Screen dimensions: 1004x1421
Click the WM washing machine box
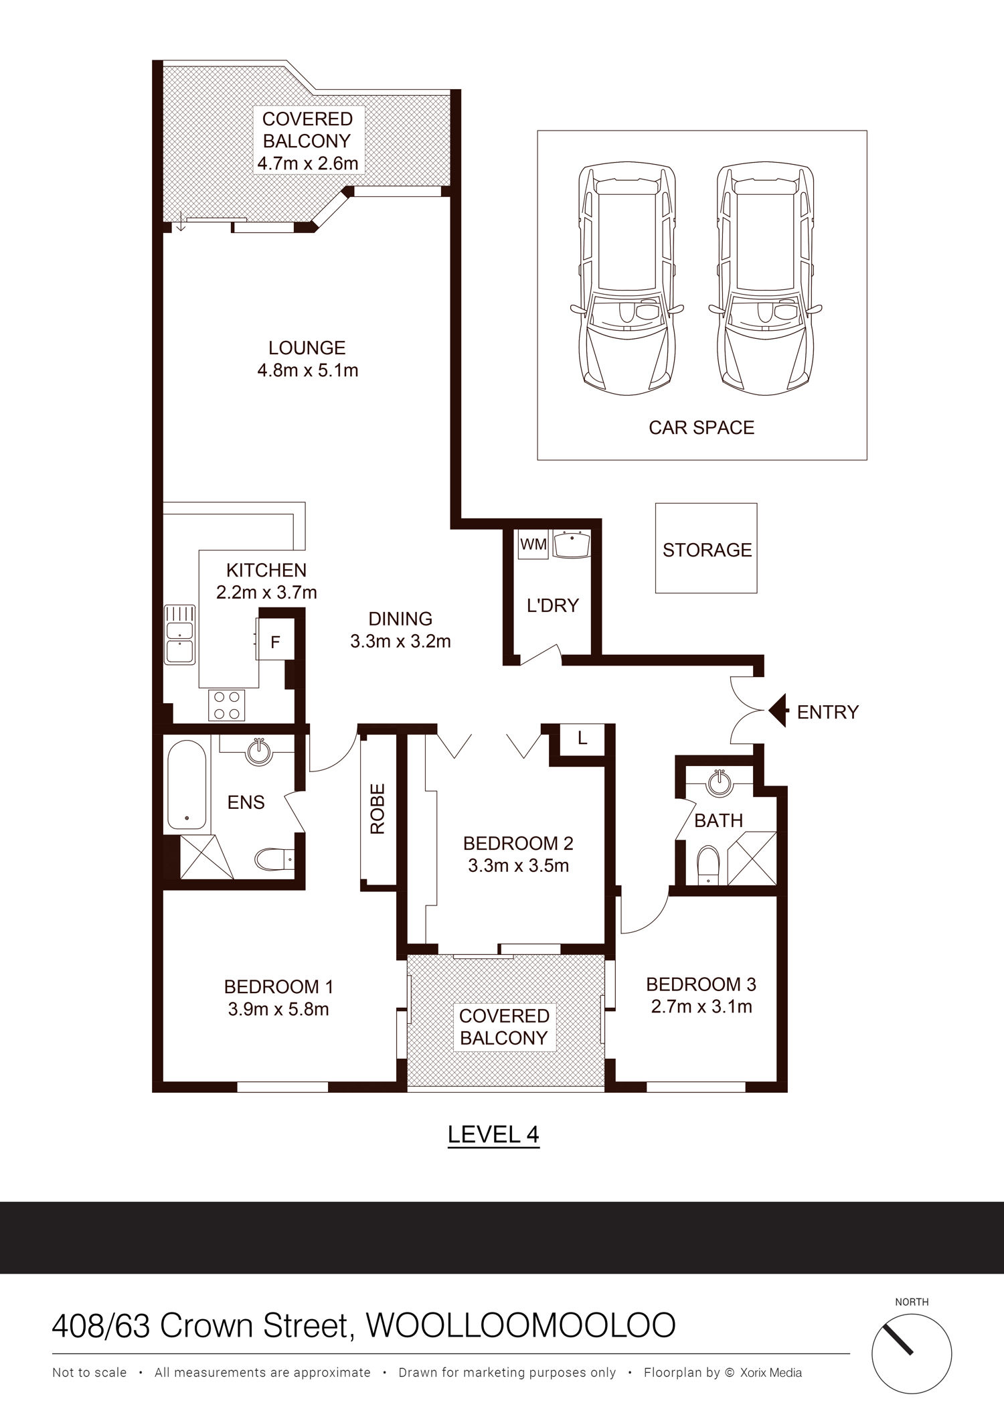(x=533, y=544)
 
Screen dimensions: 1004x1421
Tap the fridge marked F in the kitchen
(x=274, y=642)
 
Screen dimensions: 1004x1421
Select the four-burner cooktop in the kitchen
(x=226, y=704)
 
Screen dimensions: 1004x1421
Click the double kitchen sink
(x=179, y=634)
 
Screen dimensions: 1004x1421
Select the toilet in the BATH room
(x=707, y=863)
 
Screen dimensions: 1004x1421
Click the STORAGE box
(x=706, y=548)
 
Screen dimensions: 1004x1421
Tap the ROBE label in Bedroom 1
(x=378, y=808)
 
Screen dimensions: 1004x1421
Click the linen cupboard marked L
(x=582, y=739)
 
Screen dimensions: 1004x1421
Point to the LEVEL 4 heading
(x=493, y=1134)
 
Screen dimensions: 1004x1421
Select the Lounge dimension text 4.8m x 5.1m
(x=308, y=370)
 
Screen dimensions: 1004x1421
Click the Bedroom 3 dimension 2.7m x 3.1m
(x=701, y=1006)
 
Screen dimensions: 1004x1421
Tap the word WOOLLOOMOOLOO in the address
(x=521, y=1325)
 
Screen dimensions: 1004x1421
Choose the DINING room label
(x=400, y=618)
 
